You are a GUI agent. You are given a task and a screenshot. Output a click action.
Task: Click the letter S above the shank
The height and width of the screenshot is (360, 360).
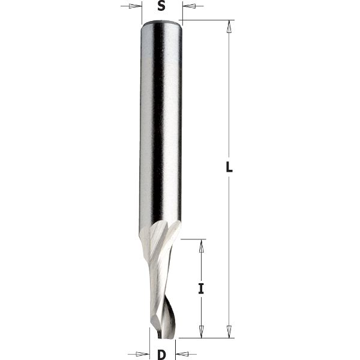click(161, 7)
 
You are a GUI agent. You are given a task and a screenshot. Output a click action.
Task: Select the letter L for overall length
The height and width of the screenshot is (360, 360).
click(229, 168)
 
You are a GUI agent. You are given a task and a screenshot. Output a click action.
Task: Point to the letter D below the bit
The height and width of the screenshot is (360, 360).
click(161, 355)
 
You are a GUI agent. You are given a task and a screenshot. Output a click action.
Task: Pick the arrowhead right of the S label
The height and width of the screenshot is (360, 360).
click(187, 7)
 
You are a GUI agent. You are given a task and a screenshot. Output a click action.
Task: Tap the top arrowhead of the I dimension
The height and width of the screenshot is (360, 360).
click(202, 244)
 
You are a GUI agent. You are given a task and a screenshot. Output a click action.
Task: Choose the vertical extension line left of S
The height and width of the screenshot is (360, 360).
click(142, 12)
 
